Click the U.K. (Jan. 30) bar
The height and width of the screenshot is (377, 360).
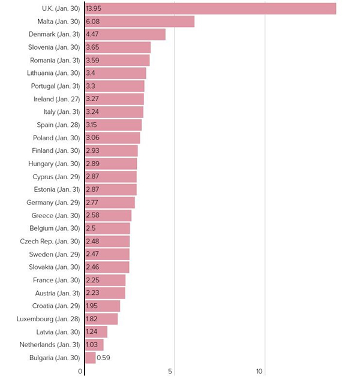(x=211, y=8)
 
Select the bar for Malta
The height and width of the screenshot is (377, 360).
(x=140, y=22)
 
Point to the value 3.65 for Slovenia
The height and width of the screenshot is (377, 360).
(x=92, y=47)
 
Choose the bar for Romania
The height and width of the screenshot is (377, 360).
(x=118, y=61)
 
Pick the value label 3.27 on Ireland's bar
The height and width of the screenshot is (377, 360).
(x=92, y=99)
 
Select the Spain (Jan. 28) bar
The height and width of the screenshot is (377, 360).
(x=113, y=125)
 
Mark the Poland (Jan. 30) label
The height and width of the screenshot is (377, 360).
(x=57, y=138)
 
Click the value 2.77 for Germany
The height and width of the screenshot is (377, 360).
(x=92, y=203)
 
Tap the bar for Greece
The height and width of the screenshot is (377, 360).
(x=108, y=215)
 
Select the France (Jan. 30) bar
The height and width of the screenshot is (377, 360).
(x=105, y=280)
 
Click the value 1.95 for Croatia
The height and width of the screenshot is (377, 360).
(x=92, y=306)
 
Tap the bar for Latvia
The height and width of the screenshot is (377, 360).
(x=96, y=331)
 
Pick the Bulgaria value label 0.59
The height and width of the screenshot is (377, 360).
(x=103, y=358)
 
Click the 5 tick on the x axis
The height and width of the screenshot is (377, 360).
(x=170, y=372)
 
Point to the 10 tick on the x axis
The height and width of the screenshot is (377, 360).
(x=260, y=372)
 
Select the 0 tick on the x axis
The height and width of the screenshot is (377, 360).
(x=80, y=372)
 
